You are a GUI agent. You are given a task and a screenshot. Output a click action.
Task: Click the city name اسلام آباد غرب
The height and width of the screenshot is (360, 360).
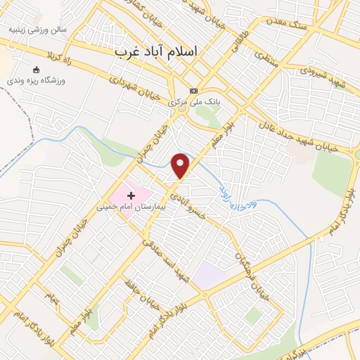tap(157, 52)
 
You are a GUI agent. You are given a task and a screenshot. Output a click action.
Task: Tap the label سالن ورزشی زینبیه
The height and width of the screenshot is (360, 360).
tap(37, 31)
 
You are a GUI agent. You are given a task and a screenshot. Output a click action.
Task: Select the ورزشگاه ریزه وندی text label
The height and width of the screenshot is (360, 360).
tap(39, 81)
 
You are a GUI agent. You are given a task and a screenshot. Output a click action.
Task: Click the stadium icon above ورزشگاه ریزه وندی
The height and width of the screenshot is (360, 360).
tap(37, 70)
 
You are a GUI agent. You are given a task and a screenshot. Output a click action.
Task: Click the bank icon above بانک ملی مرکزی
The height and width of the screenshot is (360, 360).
tap(193, 91)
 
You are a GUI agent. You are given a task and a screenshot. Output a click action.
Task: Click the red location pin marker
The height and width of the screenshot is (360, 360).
tap(181, 164)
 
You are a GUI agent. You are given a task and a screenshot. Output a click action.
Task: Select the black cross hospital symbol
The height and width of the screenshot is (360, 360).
tap(131, 194)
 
